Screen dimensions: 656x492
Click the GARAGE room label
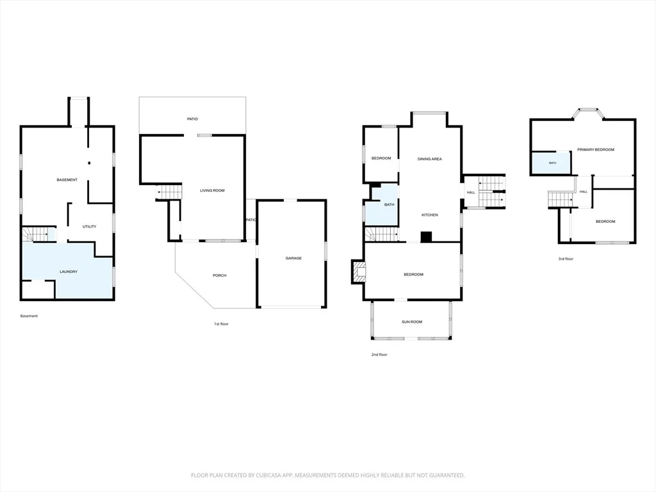[293, 258]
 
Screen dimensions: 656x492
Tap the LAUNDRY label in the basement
[69, 272]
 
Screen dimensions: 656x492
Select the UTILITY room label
[89, 226]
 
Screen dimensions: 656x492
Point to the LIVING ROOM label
[212, 190]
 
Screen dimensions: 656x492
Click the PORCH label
[219, 275]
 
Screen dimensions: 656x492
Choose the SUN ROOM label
[412, 322]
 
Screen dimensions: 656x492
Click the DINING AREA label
[430, 159]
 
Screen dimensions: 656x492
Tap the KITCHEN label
[430, 215]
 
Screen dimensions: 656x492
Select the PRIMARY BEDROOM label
[596, 149]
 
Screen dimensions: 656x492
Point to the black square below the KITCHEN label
[426, 237]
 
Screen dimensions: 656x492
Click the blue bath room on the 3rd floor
[550, 163]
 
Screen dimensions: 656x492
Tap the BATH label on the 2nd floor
[389, 204]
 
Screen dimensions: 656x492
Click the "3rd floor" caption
[566, 259]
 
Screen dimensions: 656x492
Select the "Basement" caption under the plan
[29, 316]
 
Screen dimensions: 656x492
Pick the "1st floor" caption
[221, 324]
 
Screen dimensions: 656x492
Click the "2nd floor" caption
[379, 355]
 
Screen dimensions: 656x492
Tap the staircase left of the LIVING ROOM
[169, 192]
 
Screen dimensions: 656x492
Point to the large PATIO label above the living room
[192, 119]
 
